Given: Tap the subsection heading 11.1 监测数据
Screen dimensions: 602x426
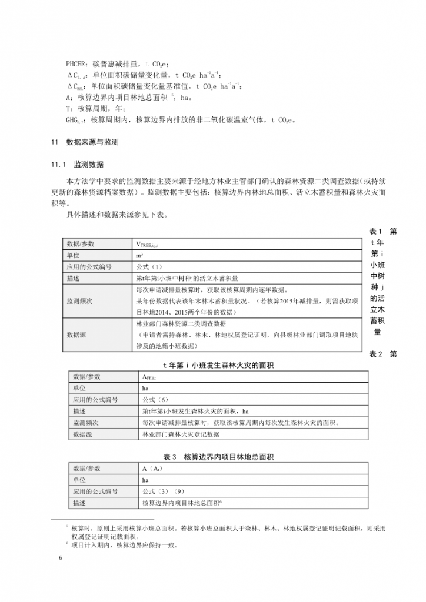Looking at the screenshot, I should coord(81,164).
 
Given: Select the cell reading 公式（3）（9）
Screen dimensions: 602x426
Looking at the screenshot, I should coord(164,491).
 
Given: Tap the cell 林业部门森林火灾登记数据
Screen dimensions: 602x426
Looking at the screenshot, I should coord(180,434).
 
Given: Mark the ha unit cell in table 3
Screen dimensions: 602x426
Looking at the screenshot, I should coord(145,480).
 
